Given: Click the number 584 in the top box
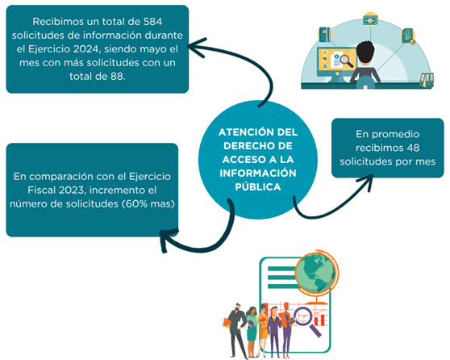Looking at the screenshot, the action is (152, 22).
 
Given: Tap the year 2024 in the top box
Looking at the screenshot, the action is (85, 49).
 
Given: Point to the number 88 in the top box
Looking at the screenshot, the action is (117, 77).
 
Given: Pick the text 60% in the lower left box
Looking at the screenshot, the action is (136, 204).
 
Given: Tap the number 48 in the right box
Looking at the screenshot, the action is (413, 148).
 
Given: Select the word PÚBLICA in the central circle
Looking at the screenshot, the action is (258, 186).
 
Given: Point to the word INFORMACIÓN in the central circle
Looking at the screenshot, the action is (258, 174).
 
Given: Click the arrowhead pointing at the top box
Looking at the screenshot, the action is (197, 48).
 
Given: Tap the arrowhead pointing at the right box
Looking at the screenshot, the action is (365, 182).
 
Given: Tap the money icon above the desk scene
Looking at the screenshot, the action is (370, 20).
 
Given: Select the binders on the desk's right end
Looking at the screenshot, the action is (427, 79).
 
